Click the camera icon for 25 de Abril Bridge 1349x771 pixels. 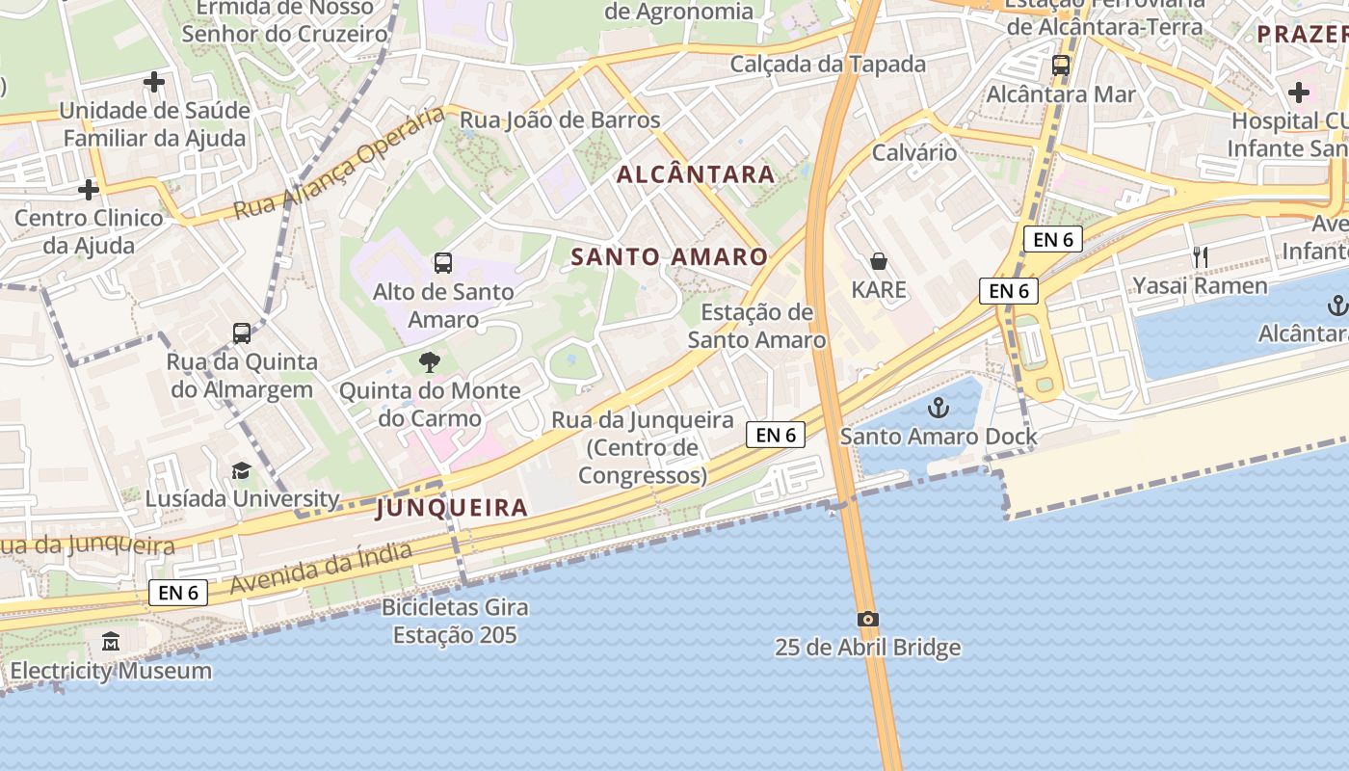tap(867, 619)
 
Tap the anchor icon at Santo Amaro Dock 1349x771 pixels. tap(938, 409)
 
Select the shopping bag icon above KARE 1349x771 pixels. tap(879, 261)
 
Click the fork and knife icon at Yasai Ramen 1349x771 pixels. tap(1201, 256)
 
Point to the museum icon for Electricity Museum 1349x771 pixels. tap(111, 641)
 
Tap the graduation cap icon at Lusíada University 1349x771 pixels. tap(241, 470)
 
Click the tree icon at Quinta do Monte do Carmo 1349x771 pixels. tap(430, 362)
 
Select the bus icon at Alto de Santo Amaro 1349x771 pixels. tap(443, 262)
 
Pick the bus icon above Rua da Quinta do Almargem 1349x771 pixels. tap(242, 333)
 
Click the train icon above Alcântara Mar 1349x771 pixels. tap(1061, 66)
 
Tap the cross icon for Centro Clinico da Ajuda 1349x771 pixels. tap(89, 189)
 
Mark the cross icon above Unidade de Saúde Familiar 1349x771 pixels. tap(154, 82)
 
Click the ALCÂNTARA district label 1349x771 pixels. tap(696, 174)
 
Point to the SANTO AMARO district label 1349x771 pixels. tap(670, 257)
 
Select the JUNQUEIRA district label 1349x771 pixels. tap(453, 508)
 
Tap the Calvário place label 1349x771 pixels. tap(914, 152)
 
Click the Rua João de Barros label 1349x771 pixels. tap(560, 120)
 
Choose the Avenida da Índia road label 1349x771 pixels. tap(322, 568)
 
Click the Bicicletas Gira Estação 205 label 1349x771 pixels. tap(455, 622)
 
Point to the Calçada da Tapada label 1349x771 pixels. tap(828, 65)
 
